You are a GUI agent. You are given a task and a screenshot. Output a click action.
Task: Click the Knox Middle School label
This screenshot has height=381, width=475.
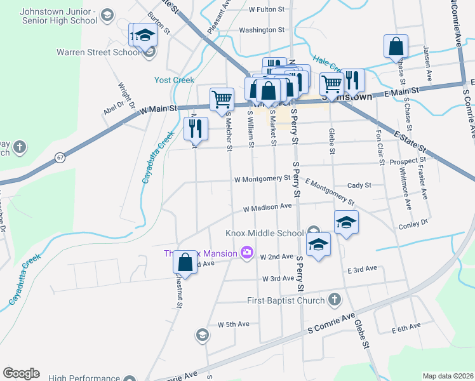264,233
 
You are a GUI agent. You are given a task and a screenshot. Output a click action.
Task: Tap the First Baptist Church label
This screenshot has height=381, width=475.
288,300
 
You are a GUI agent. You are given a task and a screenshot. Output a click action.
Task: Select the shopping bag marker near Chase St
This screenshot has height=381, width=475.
396,46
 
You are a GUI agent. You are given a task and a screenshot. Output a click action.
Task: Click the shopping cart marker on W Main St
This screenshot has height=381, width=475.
222,99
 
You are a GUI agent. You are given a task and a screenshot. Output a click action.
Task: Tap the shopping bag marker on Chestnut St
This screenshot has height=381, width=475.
185,262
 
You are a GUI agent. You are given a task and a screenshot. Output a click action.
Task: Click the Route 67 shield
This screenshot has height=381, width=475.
60,157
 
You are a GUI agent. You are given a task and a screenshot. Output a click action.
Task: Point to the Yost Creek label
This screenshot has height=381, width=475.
174,80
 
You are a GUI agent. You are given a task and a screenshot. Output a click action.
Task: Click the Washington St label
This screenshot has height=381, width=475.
262,30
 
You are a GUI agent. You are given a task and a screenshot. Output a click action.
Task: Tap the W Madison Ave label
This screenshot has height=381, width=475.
267,208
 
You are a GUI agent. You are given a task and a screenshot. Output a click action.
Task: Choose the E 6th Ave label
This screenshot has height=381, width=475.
406,326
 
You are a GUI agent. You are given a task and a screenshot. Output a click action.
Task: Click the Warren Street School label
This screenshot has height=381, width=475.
98,52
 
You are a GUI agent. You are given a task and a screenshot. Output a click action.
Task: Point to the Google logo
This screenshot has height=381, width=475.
21,373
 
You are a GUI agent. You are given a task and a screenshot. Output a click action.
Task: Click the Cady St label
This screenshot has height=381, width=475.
359,185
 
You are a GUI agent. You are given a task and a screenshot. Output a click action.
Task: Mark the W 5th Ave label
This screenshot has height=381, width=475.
233,324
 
